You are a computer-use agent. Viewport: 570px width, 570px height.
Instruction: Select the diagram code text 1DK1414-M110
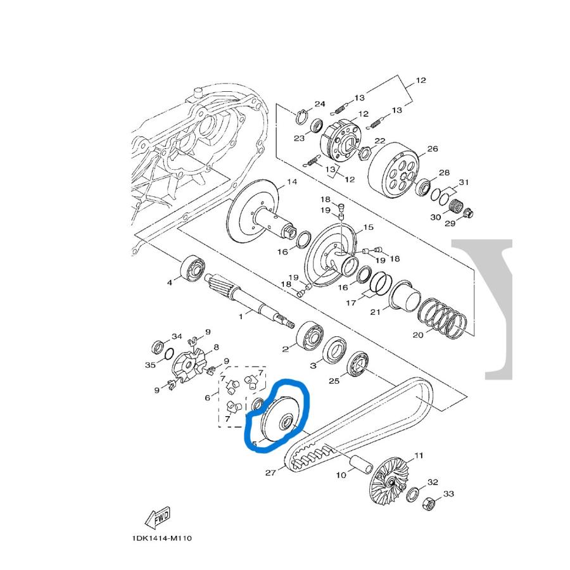point(161,538)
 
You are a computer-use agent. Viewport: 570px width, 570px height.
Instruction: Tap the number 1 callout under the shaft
point(241,315)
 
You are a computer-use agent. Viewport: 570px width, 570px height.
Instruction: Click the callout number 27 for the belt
point(270,472)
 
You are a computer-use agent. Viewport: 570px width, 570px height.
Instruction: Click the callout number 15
point(368,227)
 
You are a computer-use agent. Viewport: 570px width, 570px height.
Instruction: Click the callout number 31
point(464,183)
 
